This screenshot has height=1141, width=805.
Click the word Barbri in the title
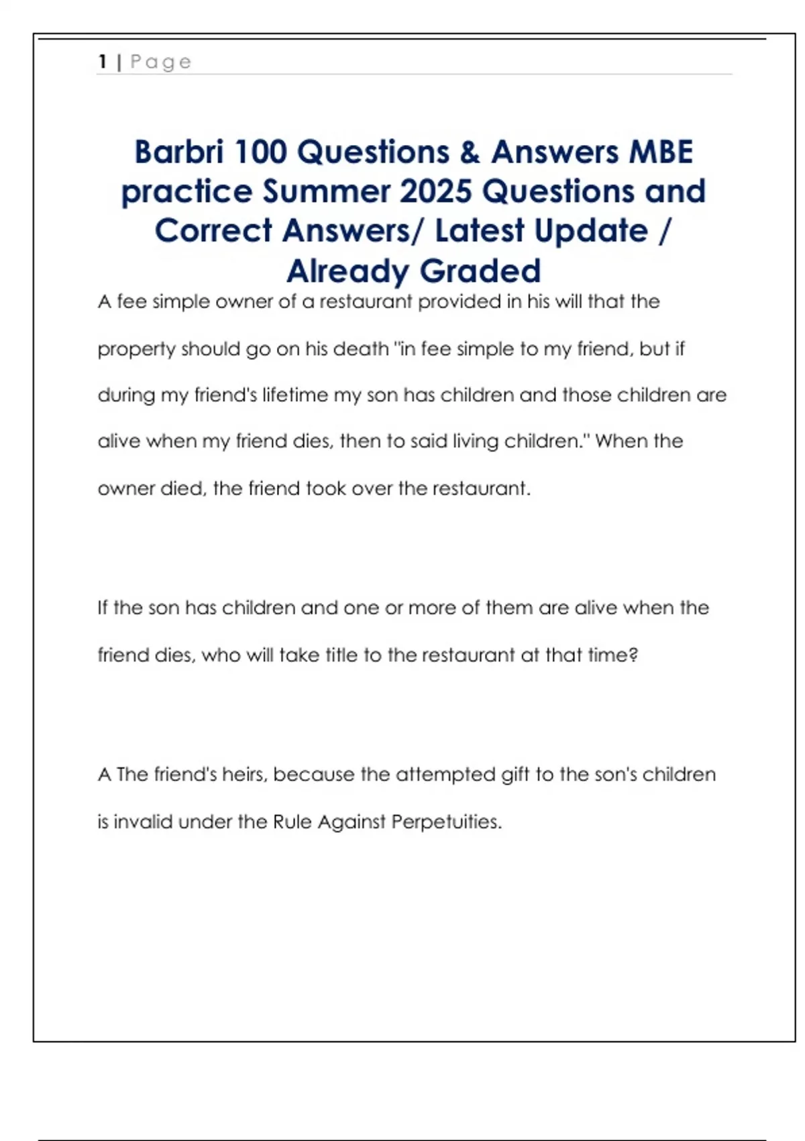178,152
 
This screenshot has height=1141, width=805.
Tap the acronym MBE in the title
659,152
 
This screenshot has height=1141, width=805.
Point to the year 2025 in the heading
436,191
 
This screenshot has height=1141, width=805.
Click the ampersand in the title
470,152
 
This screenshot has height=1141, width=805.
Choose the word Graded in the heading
480,271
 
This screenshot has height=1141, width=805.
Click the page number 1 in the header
103,62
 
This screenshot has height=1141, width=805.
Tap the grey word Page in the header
161,62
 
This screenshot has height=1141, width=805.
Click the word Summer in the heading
326,191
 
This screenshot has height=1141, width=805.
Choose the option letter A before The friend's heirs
104,775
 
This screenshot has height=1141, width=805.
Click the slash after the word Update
664,231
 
